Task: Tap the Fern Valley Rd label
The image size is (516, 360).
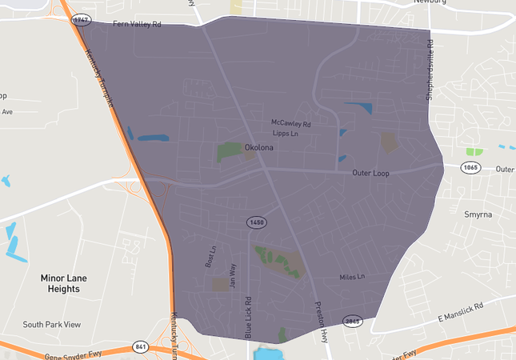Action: pyautogui.click(x=137, y=25)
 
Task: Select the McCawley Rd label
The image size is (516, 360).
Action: pyautogui.click(x=290, y=124)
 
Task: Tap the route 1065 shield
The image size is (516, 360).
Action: pyautogui.click(x=470, y=168)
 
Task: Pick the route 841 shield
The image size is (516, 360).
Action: pyautogui.click(x=141, y=346)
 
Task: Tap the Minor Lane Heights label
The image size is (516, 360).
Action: pyautogui.click(x=63, y=283)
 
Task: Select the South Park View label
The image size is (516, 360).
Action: pyautogui.click(x=52, y=325)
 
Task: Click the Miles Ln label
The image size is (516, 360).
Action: pyautogui.click(x=351, y=277)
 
